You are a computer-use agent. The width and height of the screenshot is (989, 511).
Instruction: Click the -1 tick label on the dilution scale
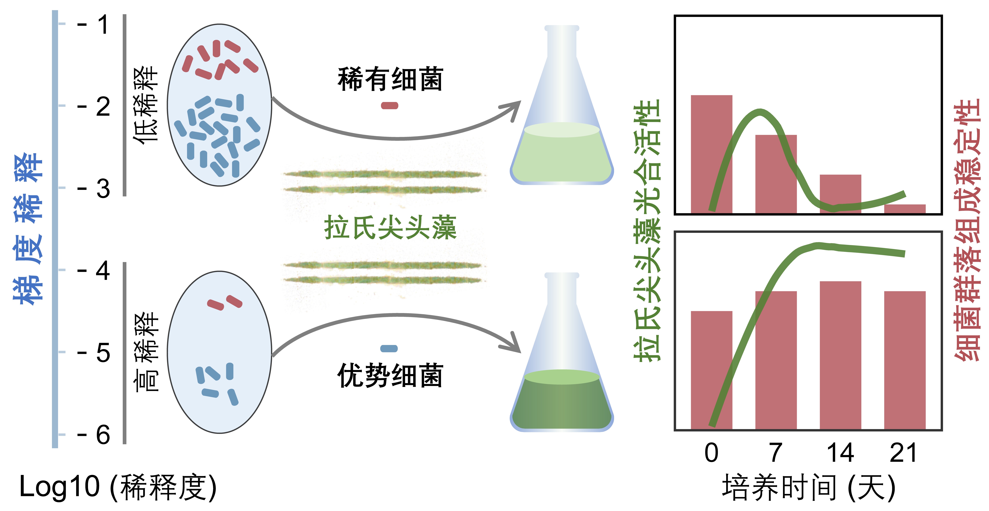[x=94, y=25]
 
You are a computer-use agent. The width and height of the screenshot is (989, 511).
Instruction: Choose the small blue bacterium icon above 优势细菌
[x=389, y=349]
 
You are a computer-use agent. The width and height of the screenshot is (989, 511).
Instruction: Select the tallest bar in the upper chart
[x=711, y=154]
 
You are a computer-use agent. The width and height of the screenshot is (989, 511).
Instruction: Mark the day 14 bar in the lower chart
[x=840, y=355]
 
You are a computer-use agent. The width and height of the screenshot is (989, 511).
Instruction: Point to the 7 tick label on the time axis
[x=775, y=453]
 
